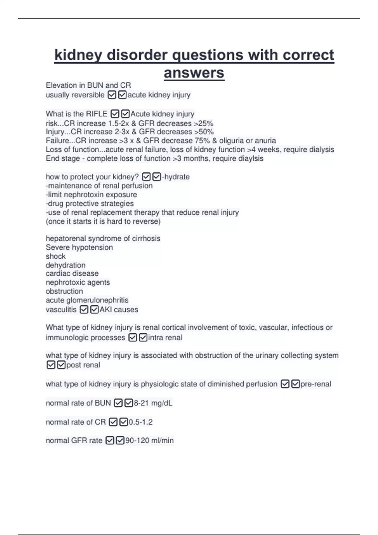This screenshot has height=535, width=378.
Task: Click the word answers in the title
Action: click(x=194, y=73)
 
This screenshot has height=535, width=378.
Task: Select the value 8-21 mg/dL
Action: click(x=153, y=403)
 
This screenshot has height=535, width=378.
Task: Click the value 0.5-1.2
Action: click(x=140, y=422)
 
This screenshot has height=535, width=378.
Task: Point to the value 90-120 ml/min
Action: click(x=150, y=441)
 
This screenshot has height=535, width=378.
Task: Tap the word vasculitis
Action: click(x=61, y=310)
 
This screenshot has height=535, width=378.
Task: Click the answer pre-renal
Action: click(x=316, y=384)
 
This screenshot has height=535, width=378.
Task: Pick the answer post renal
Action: click(x=83, y=365)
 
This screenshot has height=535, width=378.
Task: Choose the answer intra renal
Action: click(x=165, y=338)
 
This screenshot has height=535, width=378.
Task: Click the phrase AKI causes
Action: click(x=119, y=310)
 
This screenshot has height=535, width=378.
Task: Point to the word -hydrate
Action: click(x=176, y=177)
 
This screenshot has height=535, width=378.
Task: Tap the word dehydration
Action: click(x=66, y=265)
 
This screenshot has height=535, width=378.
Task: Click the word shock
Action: click(x=56, y=256)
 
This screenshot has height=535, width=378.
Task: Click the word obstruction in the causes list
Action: click(x=64, y=291)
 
